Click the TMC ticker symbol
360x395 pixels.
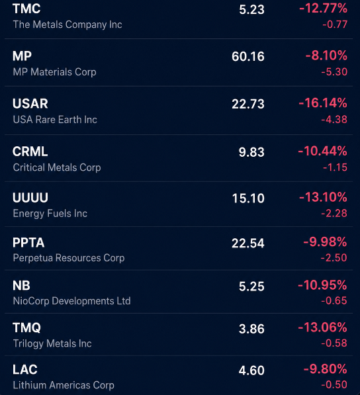(26, 9)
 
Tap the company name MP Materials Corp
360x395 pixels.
(55, 72)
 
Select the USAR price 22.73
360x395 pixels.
(248, 104)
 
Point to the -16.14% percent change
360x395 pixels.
(323, 103)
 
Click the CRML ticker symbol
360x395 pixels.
(30, 152)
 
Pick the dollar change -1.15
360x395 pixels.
(336, 167)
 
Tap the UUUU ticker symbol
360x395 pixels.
(30, 197)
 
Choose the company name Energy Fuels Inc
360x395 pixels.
(50, 213)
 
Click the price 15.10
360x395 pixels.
(248, 198)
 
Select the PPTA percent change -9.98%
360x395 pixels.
(325, 242)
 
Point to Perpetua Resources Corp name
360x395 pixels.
(69, 258)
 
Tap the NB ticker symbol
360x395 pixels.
(21, 285)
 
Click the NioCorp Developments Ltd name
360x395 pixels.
(71, 301)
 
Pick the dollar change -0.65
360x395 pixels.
(334, 300)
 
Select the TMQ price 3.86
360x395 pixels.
(251, 329)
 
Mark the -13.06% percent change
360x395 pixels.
(323, 328)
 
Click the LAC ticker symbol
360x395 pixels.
(25, 370)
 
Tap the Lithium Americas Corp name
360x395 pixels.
(64, 385)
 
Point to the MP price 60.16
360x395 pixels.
(248, 56)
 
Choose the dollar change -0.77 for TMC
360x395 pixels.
(335, 24)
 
